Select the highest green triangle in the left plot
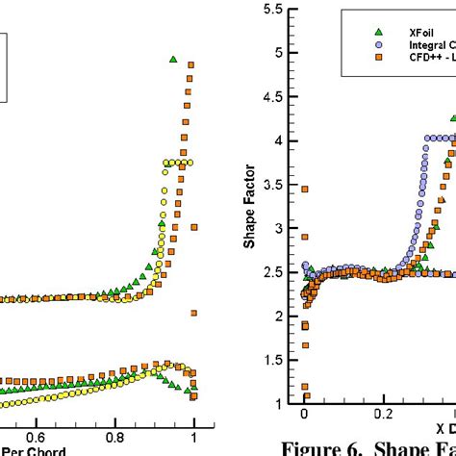[173, 60]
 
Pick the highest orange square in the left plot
[190, 65]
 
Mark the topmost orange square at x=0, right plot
[304, 190]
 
